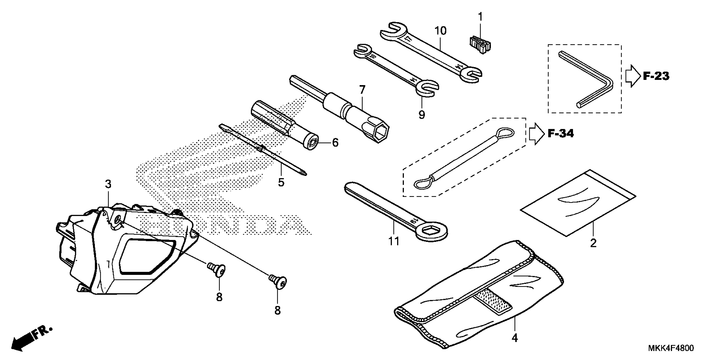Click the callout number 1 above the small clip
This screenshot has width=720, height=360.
pyautogui.click(x=480, y=17)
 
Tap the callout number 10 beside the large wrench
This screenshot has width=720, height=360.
pyautogui.click(x=440, y=31)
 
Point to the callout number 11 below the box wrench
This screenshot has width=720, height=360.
pyautogui.click(x=394, y=241)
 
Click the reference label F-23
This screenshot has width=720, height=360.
pyautogui.click(x=656, y=76)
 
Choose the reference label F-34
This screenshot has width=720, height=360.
pyautogui.click(x=560, y=134)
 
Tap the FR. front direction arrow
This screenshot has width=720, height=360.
pyautogui.click(x=31, y=338)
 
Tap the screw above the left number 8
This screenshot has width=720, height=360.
pyautogui.click(x=217, y=270)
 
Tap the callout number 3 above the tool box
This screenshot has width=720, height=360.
pyautogui.click(x=108, y=184)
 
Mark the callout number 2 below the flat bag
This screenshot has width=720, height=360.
pyautogui.click(x=593, y=243)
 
